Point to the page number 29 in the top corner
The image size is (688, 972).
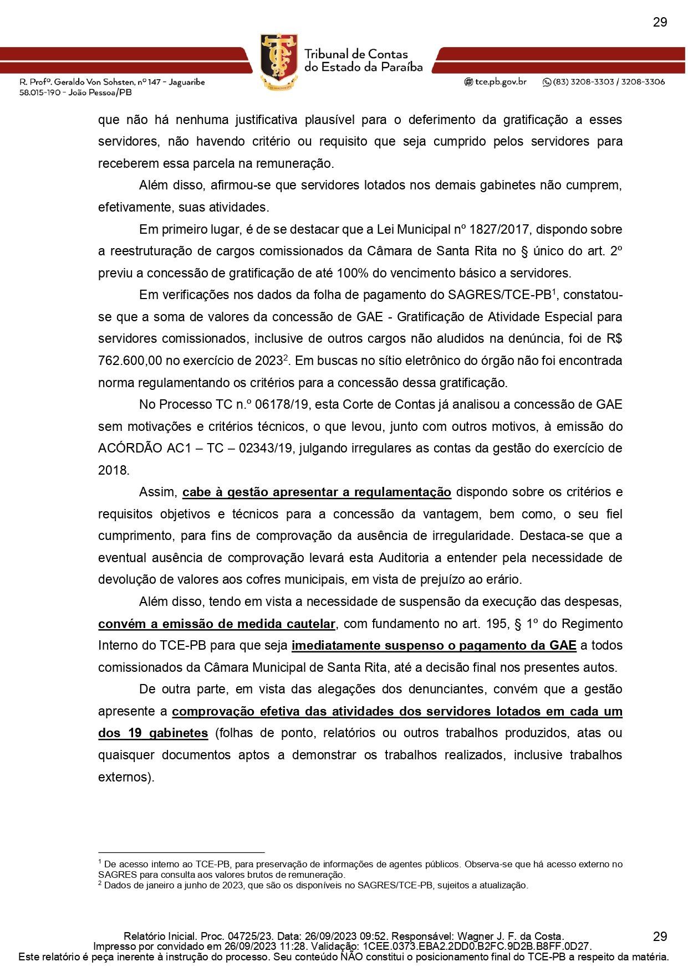659,22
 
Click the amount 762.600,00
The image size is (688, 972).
130,361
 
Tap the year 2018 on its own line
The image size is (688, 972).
113,470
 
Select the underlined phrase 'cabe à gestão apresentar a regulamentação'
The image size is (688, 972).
317,492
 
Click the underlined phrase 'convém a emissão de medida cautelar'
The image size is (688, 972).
217,624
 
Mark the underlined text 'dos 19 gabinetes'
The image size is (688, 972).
153,733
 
